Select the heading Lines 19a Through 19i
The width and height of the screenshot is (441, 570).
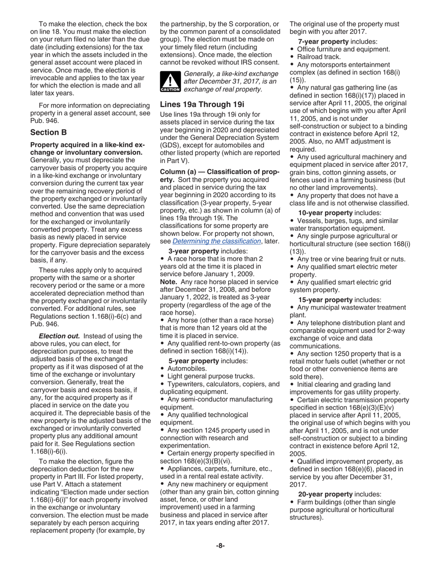tap(202, 104)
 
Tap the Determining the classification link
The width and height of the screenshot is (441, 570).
tap(216, 241)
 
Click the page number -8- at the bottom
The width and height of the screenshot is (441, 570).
tap(220, 545)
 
